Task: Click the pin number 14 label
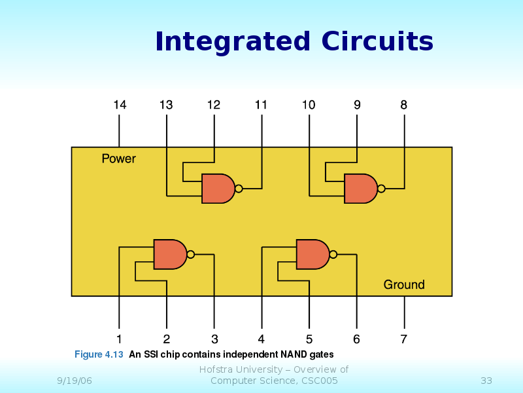pos(119,104)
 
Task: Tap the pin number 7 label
pos(404,339)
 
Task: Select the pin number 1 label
pos(119,339)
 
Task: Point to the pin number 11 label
pos(261,104)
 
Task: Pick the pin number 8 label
pos(404,104)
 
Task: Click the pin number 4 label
pos(261,339)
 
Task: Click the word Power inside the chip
pos(119,159)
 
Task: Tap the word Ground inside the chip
pos(404,285)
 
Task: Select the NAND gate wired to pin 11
pos(218,189)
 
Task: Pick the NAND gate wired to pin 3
pos(170,254)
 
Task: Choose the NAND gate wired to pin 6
pos(312,254)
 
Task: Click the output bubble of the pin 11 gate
pos(239,189)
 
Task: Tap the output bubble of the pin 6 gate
pos(333,254)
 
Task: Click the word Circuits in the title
pos(377,42)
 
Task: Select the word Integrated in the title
pos(232,42)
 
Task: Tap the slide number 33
pos(486,381)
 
